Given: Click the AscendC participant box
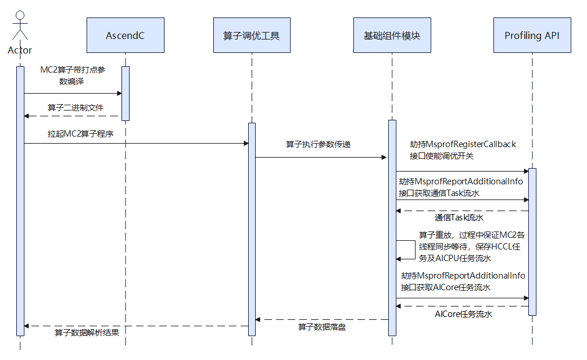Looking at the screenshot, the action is pyautogui.click(x=126, y=35).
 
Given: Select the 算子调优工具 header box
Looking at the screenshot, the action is pyautogui.click(x=252, y=35).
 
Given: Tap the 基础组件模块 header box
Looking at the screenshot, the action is pyautogui.click(x=392, y=35).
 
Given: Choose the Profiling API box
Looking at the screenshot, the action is pyautogui.click(x=532, y=35).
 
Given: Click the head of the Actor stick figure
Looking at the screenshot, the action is pyautogui.click(x=20, y=15).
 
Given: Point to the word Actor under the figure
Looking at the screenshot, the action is pyautogui.click(x=20, y=50).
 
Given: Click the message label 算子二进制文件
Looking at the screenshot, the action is pyautogui.click(x=75, y=108).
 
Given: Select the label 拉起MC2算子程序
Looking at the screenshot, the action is pyautogui.click(x=80, y=134).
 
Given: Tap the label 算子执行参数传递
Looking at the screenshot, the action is pyautogui.click(x=318, y=144).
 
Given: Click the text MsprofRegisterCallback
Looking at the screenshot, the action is pyautogui.click(x=471, y=144).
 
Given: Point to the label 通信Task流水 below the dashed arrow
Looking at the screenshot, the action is pyautogui.click(x=459, y=218).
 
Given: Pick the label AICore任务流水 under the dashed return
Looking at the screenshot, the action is pyautogui.click(x=463, y=314).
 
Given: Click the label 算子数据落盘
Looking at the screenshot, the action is pyautogui.click(x=322, y=327).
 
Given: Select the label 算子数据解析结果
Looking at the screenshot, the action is pyautogui.click(x=87, y=333).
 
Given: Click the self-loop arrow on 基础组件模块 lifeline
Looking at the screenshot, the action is pyautogui.click(x=415, y=249).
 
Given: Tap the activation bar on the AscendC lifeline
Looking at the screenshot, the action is pyautogui.click(x=126, y=94).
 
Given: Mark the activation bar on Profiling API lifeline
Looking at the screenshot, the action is pyautogui.click(x=532, y=241).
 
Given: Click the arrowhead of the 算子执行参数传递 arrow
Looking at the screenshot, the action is pyautogui.click(x=384, y=158).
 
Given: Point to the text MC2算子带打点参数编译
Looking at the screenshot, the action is pyautogui.click(x=73, y=75).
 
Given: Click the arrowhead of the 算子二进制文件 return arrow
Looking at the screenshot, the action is pyautogui.click(x=26, y=116).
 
